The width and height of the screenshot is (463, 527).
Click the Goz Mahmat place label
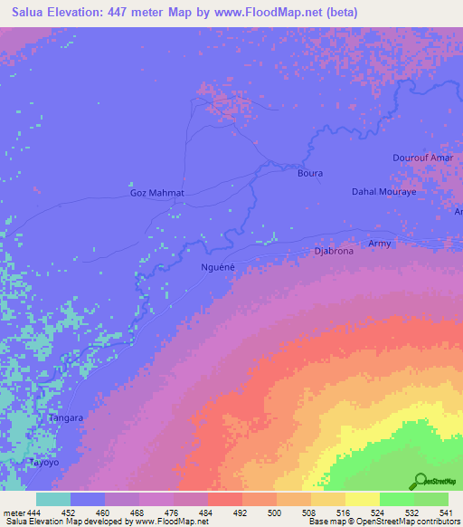[157, 193]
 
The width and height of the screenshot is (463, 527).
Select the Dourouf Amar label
[422, 158]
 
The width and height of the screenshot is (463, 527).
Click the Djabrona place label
[334, 252]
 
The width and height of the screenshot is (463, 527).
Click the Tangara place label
[66, 418]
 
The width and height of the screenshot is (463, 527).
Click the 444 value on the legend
[34, 513]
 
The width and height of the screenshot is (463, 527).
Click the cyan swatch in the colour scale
[53, 499]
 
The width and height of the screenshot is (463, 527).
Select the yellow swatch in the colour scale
[363, 499]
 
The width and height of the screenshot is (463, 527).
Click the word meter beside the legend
[14, 513]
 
